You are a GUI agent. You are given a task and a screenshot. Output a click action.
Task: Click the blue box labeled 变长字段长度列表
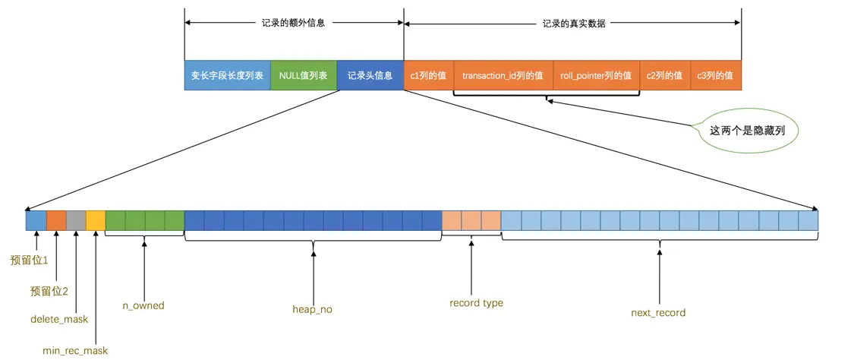click(x=227, y=76)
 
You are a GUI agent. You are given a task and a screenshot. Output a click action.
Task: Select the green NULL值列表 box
click(x=303, y=76)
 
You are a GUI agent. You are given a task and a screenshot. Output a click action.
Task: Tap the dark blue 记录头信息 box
click(x=370, y=76)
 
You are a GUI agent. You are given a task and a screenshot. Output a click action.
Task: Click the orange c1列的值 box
click(x=428, y=76)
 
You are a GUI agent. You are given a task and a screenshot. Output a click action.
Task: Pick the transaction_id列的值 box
click(x=503, y=76)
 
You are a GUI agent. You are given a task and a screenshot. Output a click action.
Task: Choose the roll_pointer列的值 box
click(x=596, y=76)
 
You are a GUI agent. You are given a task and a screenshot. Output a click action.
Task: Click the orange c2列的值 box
click(x=664, y=76)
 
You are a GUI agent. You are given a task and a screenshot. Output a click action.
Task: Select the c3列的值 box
click(x=715, y=76)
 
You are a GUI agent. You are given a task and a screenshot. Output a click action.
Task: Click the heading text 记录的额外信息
click(x=293, y=23)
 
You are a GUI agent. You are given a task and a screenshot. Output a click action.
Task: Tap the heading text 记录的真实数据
click(x=573, y=23)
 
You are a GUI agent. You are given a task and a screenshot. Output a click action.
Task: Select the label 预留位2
click(x=49, y=291)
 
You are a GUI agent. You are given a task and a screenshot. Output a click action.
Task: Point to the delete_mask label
click(x=59, y=320)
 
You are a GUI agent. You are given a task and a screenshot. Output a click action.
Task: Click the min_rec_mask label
click(x=75, y=350)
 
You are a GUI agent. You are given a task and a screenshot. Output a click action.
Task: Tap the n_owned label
click(x=143, y=305)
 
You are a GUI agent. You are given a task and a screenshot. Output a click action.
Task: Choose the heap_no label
click(x=312, y=310)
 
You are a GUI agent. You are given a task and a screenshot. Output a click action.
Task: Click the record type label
click(x=476, y=303)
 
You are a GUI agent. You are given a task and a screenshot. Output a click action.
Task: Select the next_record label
click(x=658, y=312)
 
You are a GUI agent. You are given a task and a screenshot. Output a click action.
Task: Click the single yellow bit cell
click(x=96, y=220)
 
